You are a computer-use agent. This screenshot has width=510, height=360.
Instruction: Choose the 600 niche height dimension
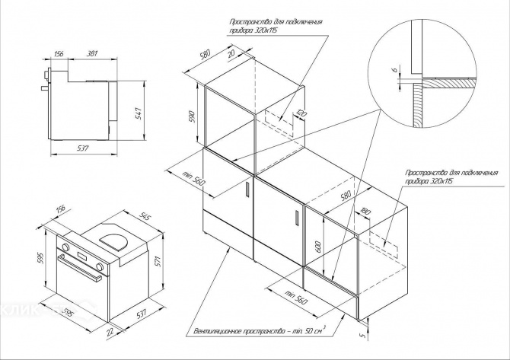click(317, 248)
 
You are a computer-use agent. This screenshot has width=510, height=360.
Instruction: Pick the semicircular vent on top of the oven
click(116, 241)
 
